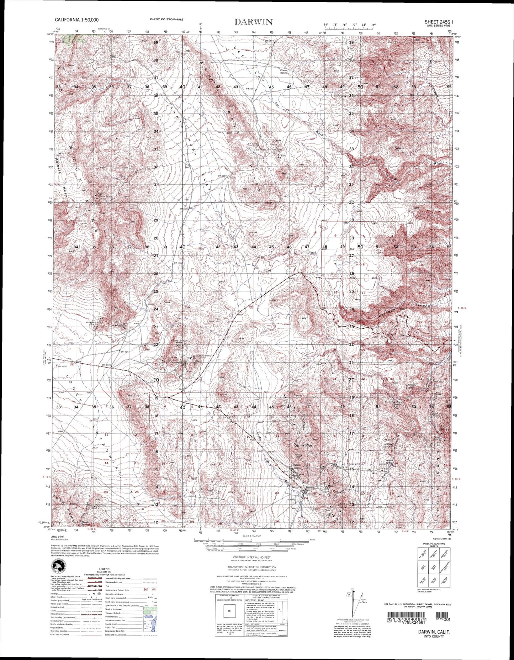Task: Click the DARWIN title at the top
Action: tap(253, 22)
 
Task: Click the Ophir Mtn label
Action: tap(303, 445)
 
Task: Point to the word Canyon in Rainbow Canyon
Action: tap(423, 306)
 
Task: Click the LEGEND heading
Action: tap(95, 569)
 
